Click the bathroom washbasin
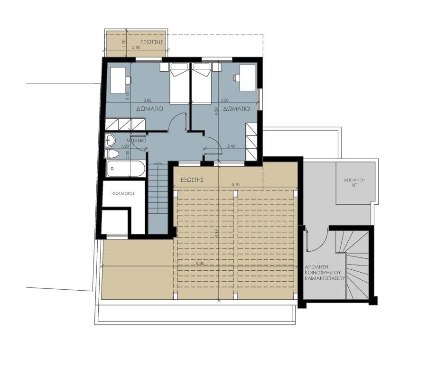point(110,140)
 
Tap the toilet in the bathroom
point(112,154)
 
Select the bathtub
point(123,168)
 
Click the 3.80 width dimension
point(148,100)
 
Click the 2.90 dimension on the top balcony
point(136,48)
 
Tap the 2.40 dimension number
point(232,146)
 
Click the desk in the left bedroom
point(119,80)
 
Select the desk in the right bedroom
point(247,77)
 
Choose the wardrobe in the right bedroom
point(252,141)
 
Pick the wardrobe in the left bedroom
point(124,124)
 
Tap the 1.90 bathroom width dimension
point(125,146)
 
